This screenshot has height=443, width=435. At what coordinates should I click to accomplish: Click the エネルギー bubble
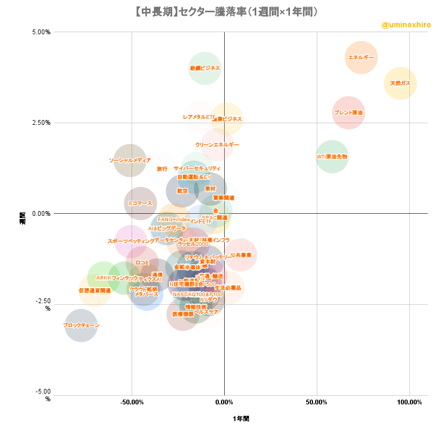pos(361,57)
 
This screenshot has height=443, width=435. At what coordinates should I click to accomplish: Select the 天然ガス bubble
pos(400,84)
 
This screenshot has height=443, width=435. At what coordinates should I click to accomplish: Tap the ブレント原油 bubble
pos(348,112)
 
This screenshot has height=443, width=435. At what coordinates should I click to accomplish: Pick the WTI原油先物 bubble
pos(332,157)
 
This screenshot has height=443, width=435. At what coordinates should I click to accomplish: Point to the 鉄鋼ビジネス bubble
pos(204,69)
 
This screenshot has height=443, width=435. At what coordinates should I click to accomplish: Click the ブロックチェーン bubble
pos(81,325)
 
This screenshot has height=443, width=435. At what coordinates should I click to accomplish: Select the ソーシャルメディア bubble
pos(129,160)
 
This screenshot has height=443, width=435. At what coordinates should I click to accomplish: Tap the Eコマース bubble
pos(140,204)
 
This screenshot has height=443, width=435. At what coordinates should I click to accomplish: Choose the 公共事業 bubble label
pos(241,255)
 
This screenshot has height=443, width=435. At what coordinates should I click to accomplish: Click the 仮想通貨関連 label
pos(95,290)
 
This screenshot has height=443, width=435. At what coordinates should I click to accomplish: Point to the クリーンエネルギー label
pos(217,145)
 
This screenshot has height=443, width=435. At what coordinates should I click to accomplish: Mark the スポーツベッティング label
pos(131,242)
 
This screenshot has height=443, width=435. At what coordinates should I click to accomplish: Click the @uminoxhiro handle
pos(406,25)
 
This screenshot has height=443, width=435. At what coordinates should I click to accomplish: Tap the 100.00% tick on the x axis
pos(409,402)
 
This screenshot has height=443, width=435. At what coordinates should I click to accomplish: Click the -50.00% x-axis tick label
pos(132,402)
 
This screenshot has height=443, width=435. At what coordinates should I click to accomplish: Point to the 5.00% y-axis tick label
pos(41,32)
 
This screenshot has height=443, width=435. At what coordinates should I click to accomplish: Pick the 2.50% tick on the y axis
pos(41,123)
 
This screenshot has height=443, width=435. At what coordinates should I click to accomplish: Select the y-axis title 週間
pos(22,218)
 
